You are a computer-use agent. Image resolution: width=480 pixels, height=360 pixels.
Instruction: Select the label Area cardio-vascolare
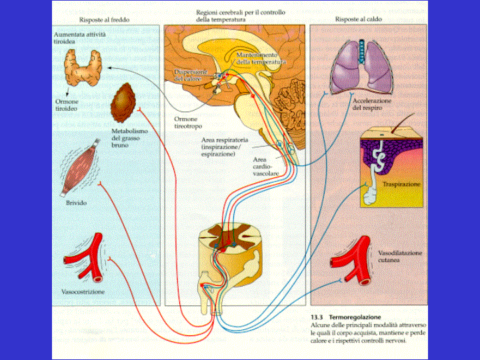tap(266, 166)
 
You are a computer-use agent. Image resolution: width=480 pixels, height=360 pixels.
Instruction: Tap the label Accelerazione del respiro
tap(373, 104)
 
